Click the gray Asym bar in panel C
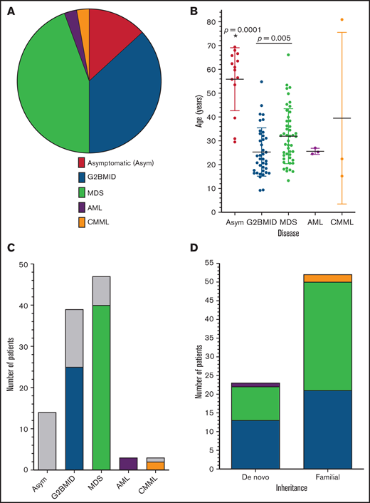click(46, 440)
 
